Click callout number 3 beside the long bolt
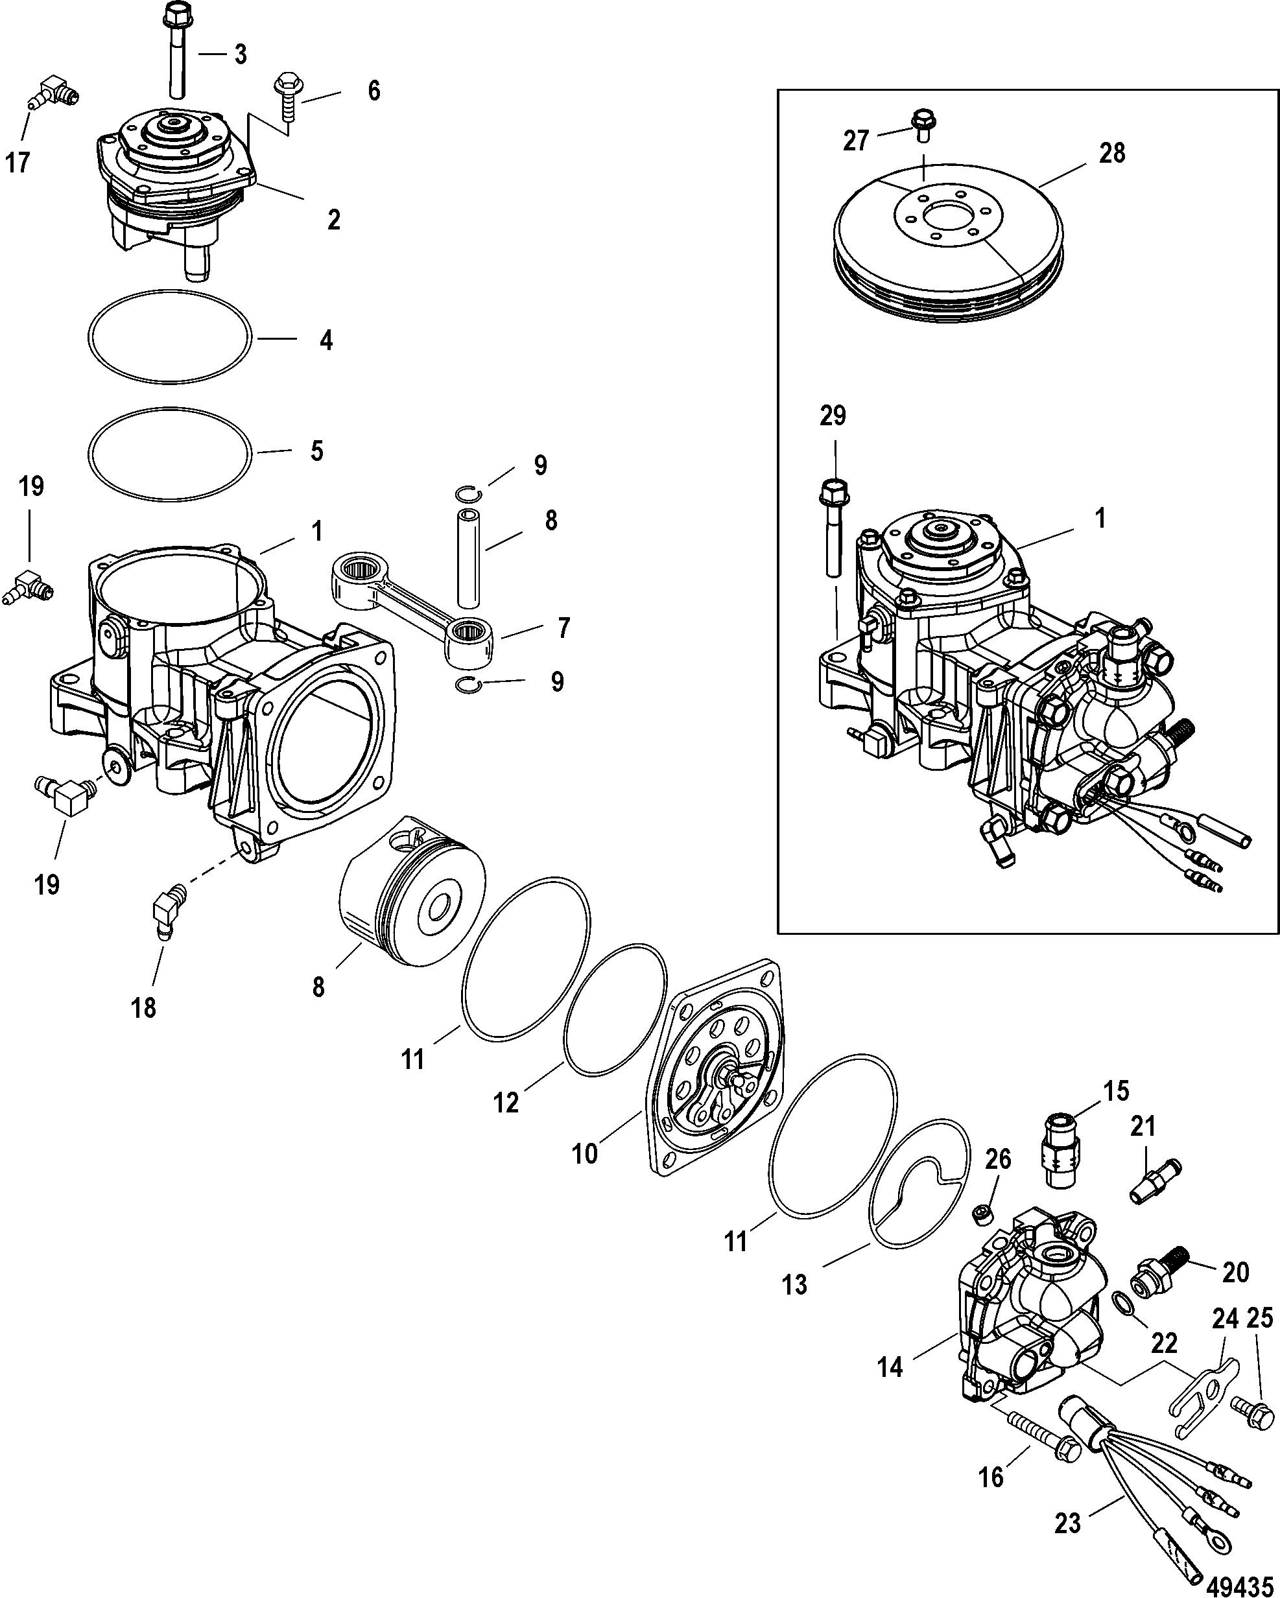point(240,54)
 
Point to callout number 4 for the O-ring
point(326,340)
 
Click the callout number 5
point(317,451)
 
